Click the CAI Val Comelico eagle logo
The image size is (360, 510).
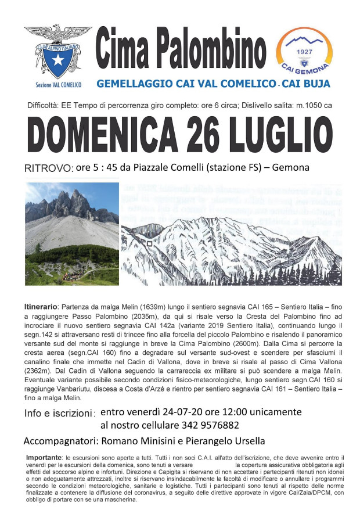[57, 51]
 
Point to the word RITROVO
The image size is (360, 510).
[48, 168]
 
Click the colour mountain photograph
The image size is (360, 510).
[71, 234]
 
